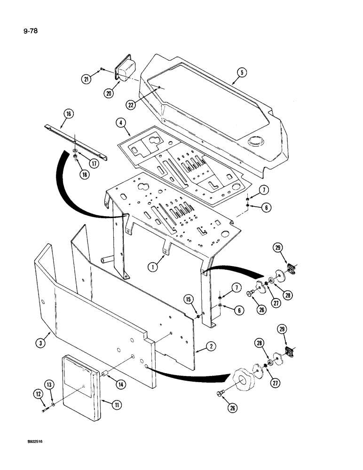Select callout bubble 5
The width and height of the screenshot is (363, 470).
[x=242, y=72]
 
